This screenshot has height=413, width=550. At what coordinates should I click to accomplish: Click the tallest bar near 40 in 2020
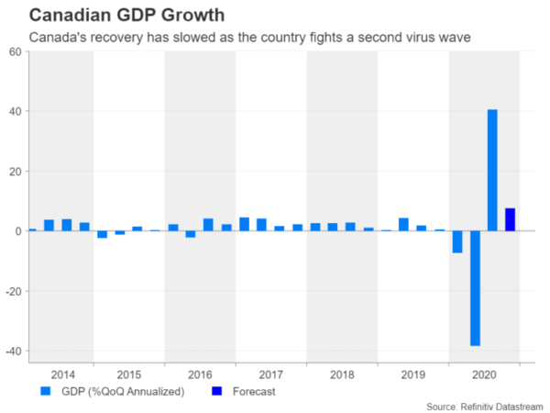[492, 170]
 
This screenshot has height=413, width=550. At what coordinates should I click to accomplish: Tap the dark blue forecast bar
[510, 219]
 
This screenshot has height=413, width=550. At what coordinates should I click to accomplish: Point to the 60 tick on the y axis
[16, 51]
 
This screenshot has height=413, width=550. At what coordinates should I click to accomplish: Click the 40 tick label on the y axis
[16, 111]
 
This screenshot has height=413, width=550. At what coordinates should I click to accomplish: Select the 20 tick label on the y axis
[16, 172]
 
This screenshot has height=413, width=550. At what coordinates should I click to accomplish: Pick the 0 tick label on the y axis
[18, 231]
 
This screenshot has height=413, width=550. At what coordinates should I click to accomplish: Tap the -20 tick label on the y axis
[13, 291]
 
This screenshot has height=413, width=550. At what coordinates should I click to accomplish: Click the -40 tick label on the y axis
[13, 352]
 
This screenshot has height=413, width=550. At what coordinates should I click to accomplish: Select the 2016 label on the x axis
[200, 375]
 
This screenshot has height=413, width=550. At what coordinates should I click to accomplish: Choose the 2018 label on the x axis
[342, 375]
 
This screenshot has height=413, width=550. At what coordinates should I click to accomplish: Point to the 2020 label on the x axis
[484, 375]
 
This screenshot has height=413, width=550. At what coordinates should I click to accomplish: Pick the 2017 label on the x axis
[270, 375]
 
